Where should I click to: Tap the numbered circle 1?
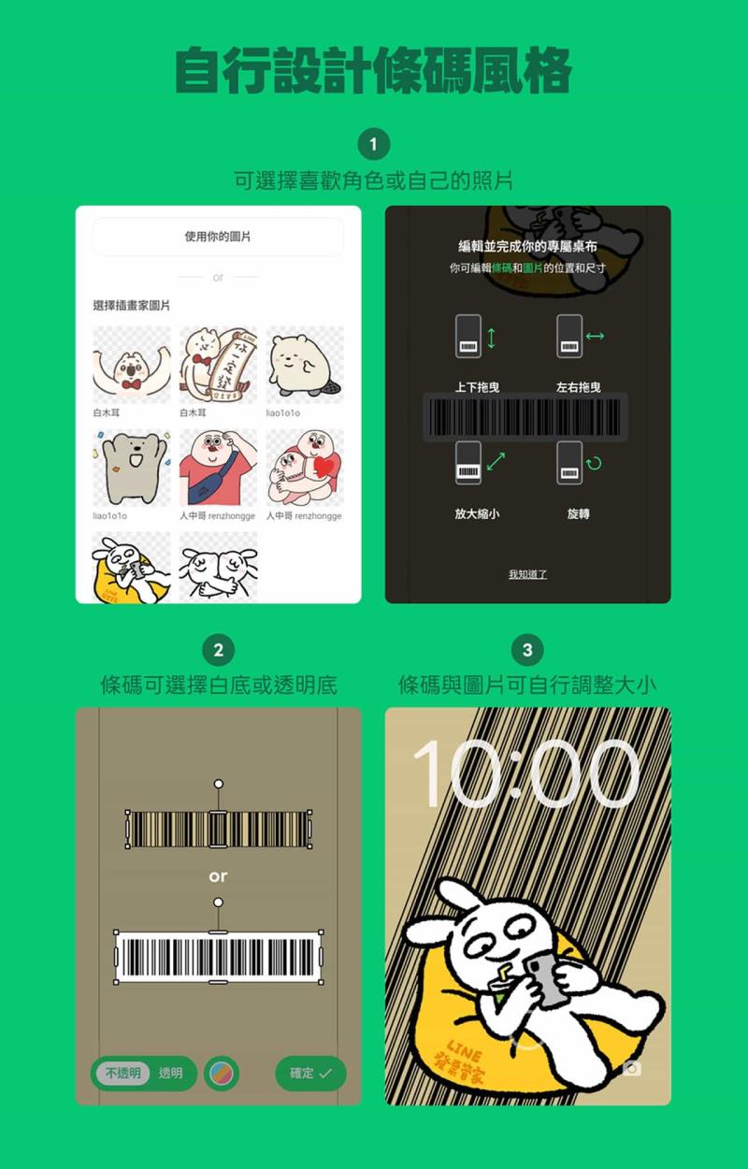tap(373, 145)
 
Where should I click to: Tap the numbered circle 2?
tap(219, 650)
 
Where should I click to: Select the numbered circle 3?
tap(527, 650)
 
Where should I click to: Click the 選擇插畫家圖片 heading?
tap(132, 306)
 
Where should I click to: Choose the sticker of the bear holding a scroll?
tap(218, 365)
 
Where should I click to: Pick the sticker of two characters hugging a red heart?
tap(305, 468)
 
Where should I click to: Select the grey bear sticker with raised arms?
tap(132, 468)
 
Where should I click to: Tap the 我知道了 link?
tap(527, 574)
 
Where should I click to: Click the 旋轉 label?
tap(578, 514)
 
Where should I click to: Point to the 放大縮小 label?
tap(477, 514)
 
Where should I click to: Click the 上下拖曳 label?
tap(477, 387)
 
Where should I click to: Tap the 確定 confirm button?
tap(310, 1074)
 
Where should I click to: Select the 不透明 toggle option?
tap(122, 1074)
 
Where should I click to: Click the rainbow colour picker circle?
tap(222, 1074)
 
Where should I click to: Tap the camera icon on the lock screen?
tap(632, 1068)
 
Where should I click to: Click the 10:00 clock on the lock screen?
tap(527, 773)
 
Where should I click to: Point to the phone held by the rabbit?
tap(548, 977)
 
